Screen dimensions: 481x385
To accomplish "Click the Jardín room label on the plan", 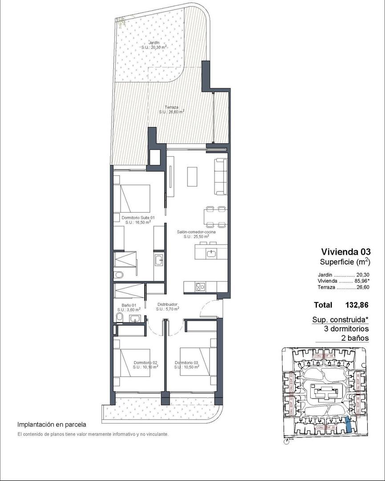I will point(154,43).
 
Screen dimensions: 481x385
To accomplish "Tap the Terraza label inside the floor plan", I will point(171,107).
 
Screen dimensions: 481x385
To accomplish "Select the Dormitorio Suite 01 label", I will point(138,218).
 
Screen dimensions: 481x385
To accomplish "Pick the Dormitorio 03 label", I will point(186,363).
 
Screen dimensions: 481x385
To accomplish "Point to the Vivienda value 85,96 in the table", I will point(361,281).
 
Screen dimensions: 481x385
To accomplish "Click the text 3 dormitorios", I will point(347,329).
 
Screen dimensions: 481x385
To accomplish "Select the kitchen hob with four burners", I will point(201,287).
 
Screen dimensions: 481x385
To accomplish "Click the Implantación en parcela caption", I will point(52,425).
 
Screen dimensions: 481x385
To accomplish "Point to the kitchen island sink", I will point(211,253).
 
